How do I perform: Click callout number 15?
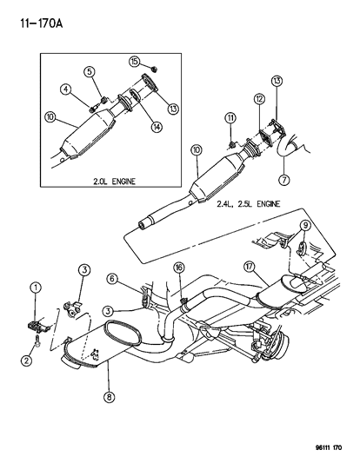(x=134, y=62)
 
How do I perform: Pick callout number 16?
(x=177, y=268)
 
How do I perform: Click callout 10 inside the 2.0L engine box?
(x=51, y=116)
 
